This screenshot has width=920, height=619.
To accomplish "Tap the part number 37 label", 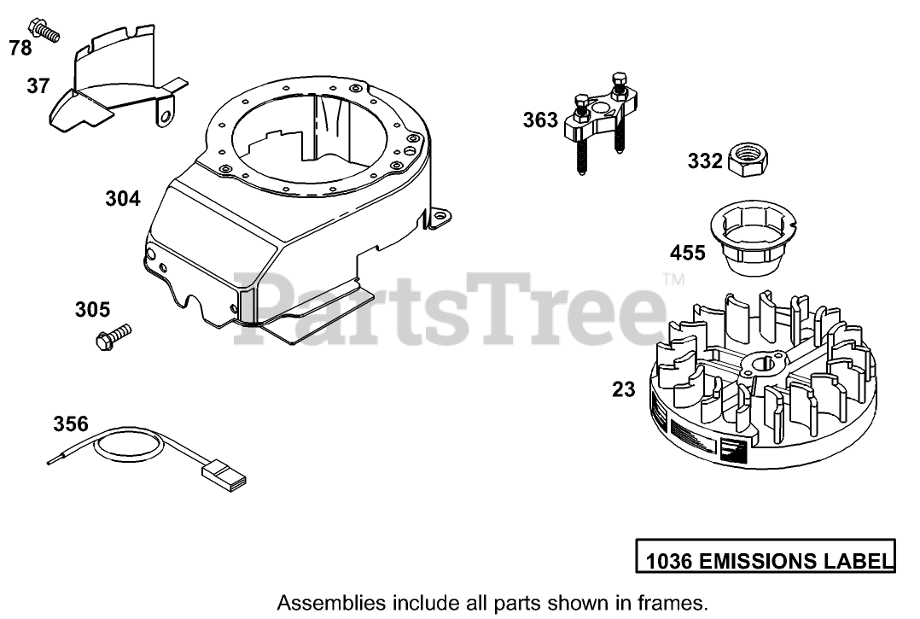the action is point(38,85).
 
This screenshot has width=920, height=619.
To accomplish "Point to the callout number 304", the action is point(123,199).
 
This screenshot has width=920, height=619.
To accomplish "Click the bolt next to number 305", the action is point(114,335).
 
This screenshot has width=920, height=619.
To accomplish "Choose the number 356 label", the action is point(71,423).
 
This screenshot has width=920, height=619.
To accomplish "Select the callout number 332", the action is point(706,161).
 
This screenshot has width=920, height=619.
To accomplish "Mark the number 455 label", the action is point(688,254).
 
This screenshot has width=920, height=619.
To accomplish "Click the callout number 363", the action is point(540,120).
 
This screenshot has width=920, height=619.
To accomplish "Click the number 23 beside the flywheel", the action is point(624,389).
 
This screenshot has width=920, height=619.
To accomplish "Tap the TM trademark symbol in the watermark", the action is point(673,279).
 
